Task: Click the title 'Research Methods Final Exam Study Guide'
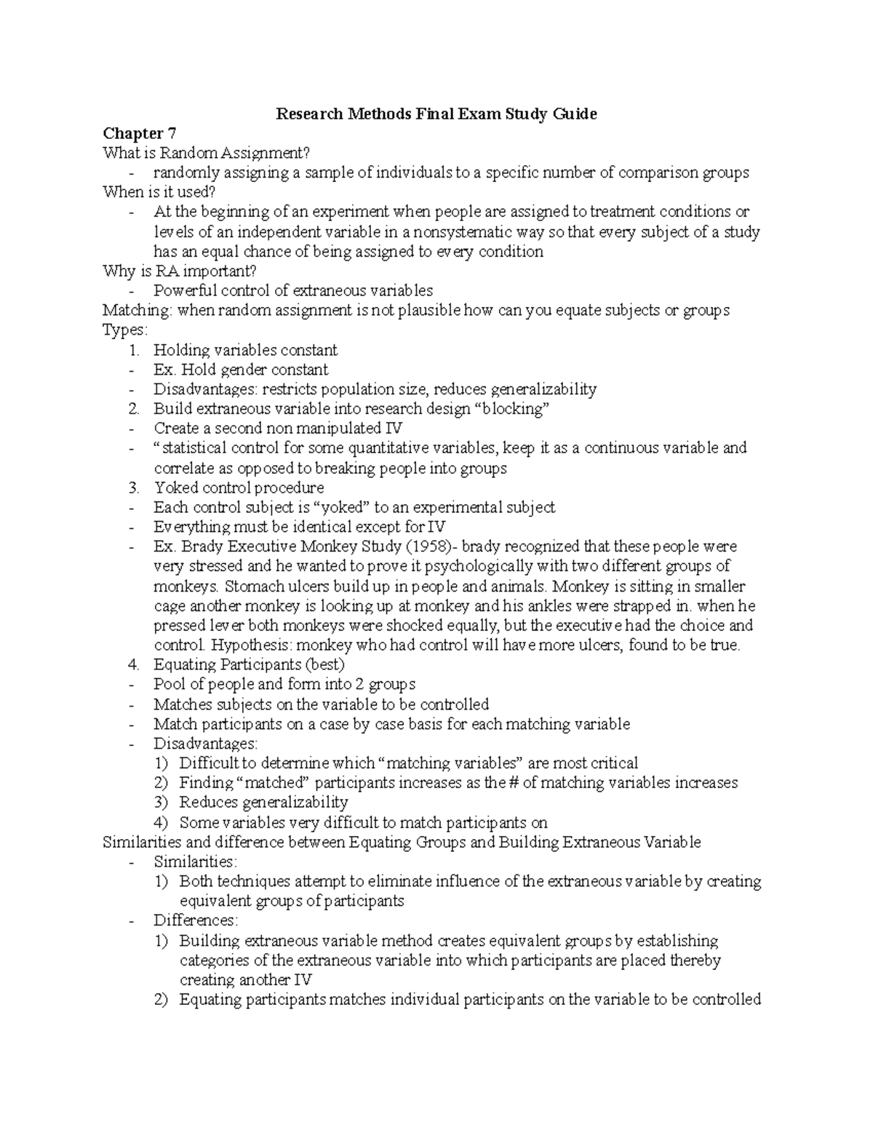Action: coord(436,114)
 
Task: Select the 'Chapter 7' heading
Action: coord(139,133)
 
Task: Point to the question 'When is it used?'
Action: coord(159,192)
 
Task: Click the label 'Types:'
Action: coord(124,330)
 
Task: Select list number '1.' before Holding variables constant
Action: coord(133,350)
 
